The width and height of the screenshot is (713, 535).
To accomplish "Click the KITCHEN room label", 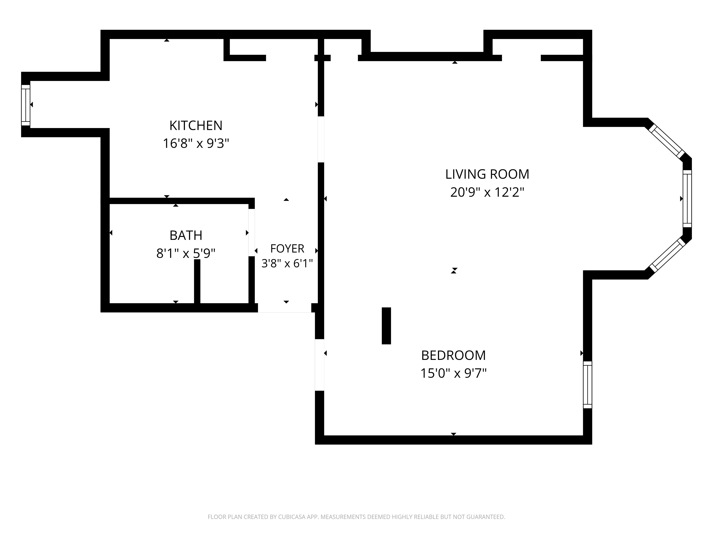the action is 196,125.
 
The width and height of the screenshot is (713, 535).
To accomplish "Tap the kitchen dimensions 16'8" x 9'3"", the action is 196,143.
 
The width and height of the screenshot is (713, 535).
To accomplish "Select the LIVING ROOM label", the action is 487,174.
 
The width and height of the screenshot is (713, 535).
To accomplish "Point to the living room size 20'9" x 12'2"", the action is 487,192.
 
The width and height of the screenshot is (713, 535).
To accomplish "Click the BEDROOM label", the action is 453,355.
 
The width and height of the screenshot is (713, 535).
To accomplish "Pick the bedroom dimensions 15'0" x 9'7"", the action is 453,373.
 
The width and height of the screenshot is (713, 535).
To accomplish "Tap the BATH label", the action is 186,235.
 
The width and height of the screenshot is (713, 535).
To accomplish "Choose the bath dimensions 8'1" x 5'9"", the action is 186,253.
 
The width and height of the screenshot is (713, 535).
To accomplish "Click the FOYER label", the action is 287,249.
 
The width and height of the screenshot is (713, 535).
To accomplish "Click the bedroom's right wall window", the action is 588,385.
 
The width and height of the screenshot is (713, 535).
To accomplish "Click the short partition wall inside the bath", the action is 197,281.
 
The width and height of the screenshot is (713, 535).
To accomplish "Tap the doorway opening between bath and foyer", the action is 251,233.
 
